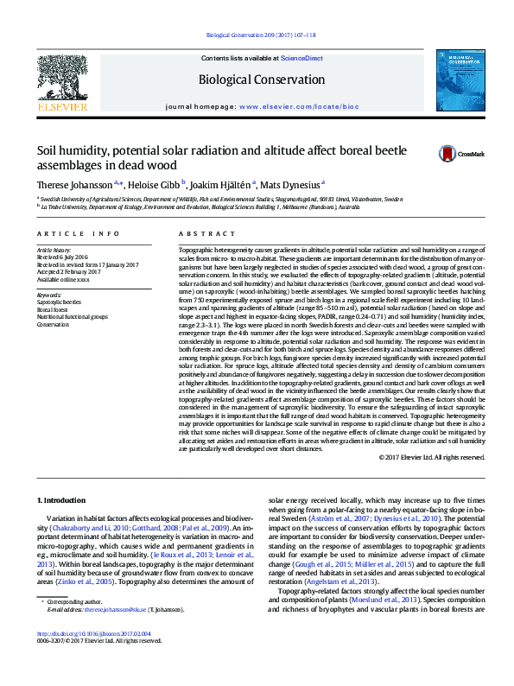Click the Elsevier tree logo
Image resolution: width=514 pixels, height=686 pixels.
(x=61, y=79)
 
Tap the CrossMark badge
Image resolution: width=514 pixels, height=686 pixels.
(x=460, y=154)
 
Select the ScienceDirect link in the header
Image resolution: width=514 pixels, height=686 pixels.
(x=301, y=59)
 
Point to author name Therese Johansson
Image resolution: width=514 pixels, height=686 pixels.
(x=73, y=184)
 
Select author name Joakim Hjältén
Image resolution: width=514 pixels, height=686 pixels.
(x=225, y=184)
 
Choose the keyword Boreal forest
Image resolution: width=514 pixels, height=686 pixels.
(x=54, y=309)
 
